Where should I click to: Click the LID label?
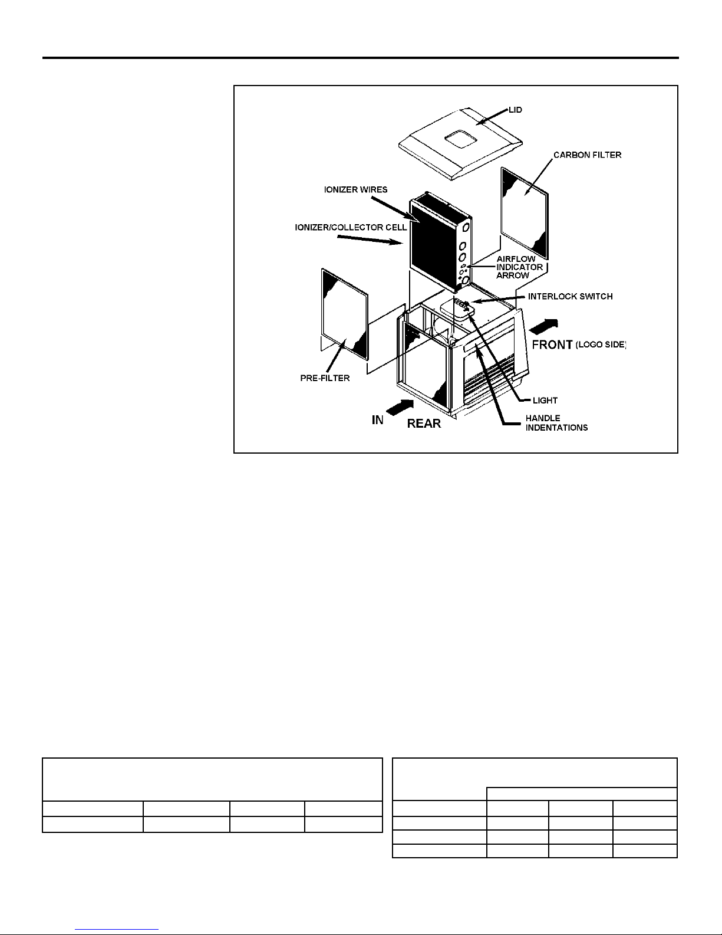point(515,110)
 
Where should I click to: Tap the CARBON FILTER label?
point(587,155)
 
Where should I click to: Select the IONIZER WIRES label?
point(355,190)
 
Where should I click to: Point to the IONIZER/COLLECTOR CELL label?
point(351,228)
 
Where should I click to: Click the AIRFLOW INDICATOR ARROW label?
point(520,267)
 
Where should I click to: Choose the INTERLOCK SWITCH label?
point(571,297)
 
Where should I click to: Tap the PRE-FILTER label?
point(325,378)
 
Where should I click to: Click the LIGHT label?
point(545,401)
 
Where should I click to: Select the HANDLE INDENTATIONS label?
point(556,423)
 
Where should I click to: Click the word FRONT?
point(552,345)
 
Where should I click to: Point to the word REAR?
point(424,424)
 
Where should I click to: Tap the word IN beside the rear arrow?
point(377,420)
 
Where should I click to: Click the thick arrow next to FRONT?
point(543,327)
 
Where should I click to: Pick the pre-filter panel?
point(345,314)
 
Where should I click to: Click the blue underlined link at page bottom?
point(117,929)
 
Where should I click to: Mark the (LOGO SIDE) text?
point(601,345)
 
